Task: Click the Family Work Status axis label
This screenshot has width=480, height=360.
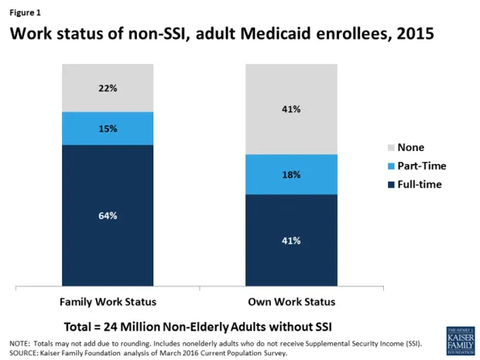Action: (x=108, y=301)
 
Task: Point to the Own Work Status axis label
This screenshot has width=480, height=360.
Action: (x=291, y=301)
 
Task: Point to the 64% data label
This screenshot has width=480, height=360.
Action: (x=108, y=216)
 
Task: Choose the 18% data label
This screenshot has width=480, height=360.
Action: (x=291, y=175)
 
